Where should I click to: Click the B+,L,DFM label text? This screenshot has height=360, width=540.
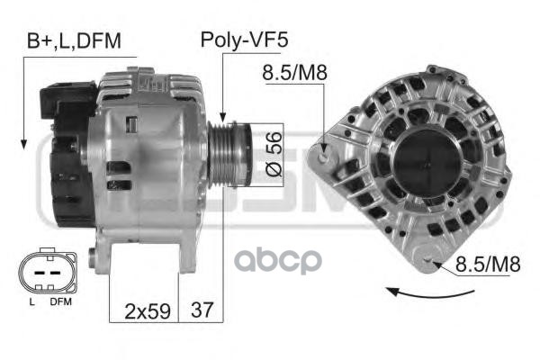coord(74,41)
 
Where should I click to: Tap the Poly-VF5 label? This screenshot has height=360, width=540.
coord(244,40)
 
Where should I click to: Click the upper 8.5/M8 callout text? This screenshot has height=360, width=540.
coord(294,73)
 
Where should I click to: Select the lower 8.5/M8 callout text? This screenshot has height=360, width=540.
coord(487,264)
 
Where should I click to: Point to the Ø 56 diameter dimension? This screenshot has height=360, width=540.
coord(274,154)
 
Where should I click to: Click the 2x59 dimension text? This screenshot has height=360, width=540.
coord(148,311)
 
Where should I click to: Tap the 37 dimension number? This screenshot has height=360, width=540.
coord(202,310)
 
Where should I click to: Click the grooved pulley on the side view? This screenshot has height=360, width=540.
coord(229,155)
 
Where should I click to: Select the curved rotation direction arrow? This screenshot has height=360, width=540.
coord(430,294)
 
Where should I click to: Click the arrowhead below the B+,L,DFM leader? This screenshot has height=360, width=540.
coord(23,145)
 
